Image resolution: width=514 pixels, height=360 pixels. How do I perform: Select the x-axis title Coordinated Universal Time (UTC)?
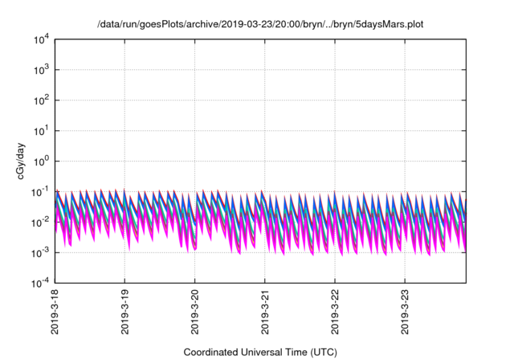(259, 352)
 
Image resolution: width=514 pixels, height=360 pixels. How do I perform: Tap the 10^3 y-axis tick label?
(42, 70)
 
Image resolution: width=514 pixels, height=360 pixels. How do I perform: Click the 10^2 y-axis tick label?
(42, 100)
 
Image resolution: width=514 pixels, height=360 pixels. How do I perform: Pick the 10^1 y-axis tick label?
(42, 131)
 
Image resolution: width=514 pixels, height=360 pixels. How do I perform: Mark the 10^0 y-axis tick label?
(42, 161)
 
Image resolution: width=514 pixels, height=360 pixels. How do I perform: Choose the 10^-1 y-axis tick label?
(42, 191)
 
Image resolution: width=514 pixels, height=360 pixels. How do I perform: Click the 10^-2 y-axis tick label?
(42, 222)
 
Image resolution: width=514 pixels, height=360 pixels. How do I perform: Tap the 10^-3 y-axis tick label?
(42, 252)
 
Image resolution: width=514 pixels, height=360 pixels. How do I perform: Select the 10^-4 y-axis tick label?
(42, 283)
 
